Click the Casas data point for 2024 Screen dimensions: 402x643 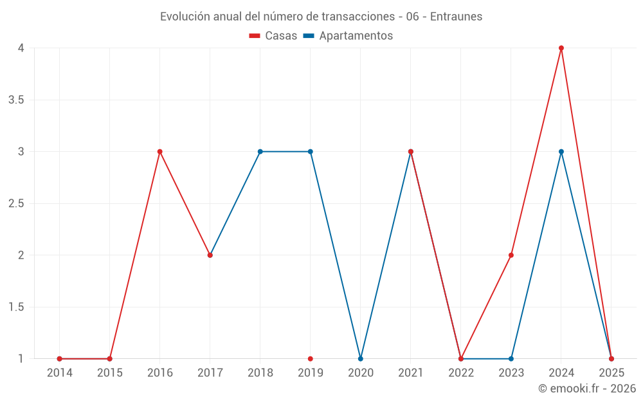(561, 48)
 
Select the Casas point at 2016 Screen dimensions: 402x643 (160, 152)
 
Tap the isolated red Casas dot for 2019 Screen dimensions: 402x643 (311, 359)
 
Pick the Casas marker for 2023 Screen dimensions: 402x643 (511, 255)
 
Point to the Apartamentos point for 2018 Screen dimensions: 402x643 (260, 152)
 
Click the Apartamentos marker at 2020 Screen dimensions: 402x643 (361, 359)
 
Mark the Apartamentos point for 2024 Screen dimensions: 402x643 (561, 152)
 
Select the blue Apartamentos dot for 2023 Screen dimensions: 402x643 (511, 359)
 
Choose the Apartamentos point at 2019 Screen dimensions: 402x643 (311, 152)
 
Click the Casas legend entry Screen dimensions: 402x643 (273, 36)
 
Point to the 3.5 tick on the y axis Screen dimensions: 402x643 (16, 100)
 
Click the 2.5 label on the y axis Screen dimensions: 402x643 (16, 204)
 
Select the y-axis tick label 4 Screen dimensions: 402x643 (21, 48)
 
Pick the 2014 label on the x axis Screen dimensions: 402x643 (60, 373)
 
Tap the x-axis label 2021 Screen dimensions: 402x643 (411, 373)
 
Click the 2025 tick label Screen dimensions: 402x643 (611, 373)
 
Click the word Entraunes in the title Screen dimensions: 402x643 (456, 17)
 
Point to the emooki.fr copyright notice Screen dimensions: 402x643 (587, 388)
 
